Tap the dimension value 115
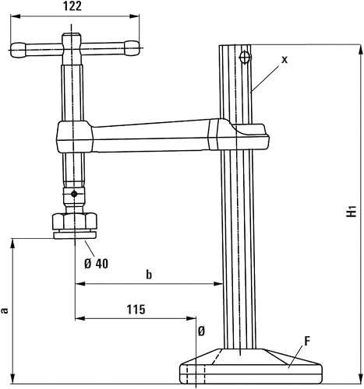tap(135, 309)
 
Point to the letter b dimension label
tap(149, 274)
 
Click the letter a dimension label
tap(6, 310)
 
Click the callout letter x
tap(284, 59)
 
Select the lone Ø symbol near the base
tap(201, 331)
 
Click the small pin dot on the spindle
tap(73, 193)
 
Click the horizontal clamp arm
tap(148, 136)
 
